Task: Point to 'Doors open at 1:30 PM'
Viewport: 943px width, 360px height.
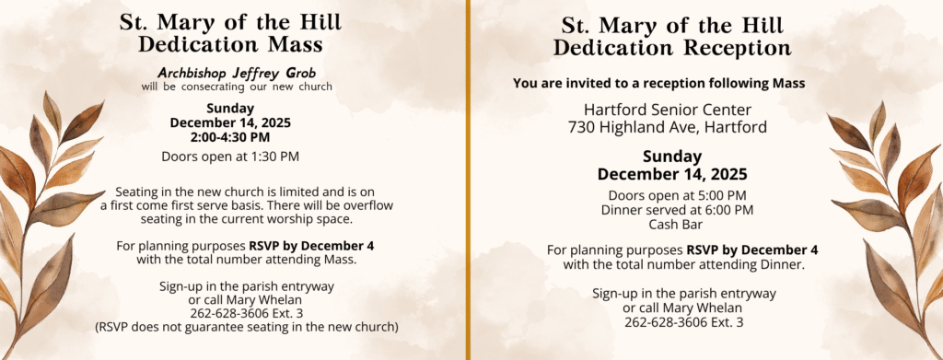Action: pos(229,156)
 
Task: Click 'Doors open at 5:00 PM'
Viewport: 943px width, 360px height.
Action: pos(677,195)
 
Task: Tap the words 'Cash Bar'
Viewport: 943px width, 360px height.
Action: pos(677,225)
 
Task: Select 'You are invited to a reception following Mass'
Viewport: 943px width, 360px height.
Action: pos(658,84)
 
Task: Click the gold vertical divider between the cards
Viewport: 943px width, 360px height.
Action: pos(469,180)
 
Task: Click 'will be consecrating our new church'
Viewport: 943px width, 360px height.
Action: pos(237,87)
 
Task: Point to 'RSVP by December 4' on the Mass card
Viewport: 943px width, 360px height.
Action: pos(311,246)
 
